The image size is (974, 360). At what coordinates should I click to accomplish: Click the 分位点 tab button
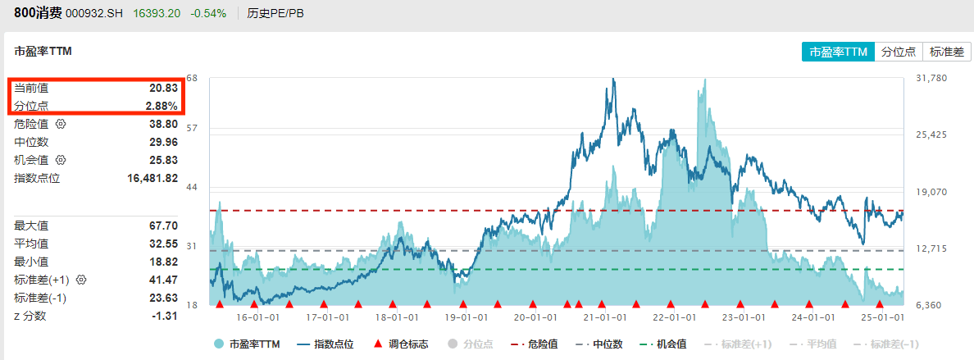coord(898,52)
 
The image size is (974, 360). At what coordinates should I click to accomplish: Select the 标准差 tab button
coord(946,52)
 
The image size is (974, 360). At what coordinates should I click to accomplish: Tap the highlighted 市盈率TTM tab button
coord(838,52)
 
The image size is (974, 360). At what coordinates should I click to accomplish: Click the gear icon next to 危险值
coord(60,124)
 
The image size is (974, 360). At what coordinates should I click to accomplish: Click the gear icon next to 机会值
coord(60,160)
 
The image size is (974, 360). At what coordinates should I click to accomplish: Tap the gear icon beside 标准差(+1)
coord(81,280)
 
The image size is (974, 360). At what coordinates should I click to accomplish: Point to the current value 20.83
coord(163,88)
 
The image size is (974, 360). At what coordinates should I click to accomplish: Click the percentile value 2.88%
coord(162,106)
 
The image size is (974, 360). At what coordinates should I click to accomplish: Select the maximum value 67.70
coord(163,226)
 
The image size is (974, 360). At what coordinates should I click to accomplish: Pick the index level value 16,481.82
coord(152,178)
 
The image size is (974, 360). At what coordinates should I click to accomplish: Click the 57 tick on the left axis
coord(192,129)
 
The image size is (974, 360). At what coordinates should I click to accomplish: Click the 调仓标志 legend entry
coord(401,344)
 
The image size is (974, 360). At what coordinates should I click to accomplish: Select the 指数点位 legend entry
coord(325,344)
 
